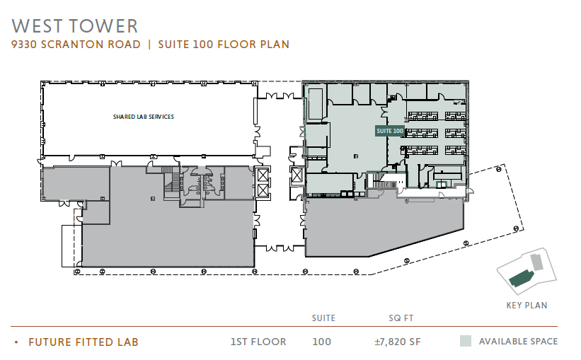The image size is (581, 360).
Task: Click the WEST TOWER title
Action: (75, 26)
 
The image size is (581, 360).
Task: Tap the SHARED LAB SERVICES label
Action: (144, 117)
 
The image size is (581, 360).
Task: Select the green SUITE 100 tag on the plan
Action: (389, 131)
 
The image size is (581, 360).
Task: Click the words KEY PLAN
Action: (527, 305)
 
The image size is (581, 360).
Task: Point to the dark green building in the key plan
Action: (521, 279)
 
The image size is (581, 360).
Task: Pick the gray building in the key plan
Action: (536, 262)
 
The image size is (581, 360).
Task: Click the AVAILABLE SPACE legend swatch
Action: (466, 341)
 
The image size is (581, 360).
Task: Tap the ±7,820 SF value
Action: (398, 342)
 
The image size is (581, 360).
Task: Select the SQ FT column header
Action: (401, 318)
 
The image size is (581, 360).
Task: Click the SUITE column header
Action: (323, 318)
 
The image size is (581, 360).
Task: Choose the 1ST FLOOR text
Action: (258, 342)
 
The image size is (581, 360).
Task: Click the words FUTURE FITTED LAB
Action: (84, 342)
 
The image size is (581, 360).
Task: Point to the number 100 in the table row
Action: (321, 342)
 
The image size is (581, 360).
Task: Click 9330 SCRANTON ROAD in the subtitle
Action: (76, 45)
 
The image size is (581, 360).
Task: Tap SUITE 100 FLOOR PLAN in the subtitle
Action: (224, 45)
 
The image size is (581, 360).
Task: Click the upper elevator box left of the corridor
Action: (263, 175)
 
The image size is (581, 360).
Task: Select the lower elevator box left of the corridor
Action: (263, 190)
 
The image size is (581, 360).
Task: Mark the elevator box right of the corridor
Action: (297, 175)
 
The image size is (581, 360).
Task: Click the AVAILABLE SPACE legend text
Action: (518, 341)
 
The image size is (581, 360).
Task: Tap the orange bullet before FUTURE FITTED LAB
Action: (16, 342)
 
